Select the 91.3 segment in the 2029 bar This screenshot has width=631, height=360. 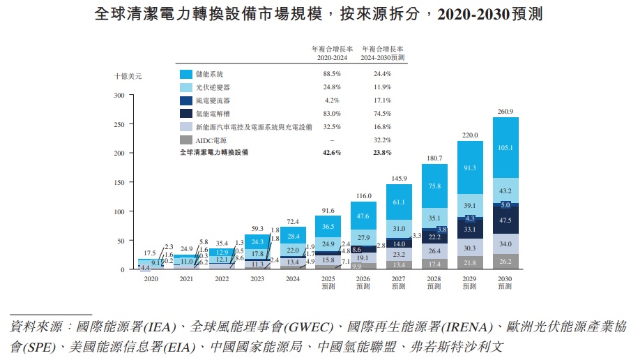(469, 167)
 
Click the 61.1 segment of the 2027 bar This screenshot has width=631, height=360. (399, 202)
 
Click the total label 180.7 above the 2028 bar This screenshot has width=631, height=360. (434, 158)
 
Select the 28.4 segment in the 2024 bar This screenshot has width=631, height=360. (293, 236)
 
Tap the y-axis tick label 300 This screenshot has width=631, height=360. (119, 95)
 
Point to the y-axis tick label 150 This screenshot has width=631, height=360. (119, 182)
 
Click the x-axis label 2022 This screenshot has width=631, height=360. (222, 279)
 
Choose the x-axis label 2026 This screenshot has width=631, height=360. (363, 279)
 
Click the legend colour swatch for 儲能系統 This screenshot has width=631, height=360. (186, 74)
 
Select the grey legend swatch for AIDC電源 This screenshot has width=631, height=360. (186, 140)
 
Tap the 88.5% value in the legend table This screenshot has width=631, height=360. (331, 74)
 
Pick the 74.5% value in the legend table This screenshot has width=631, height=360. (381, 114)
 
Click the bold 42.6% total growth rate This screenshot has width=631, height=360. (331, 152)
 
